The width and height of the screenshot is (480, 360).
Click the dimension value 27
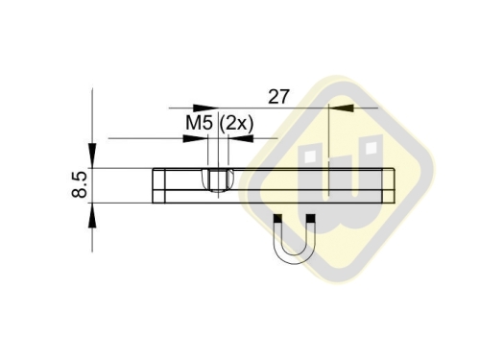coord(278,97)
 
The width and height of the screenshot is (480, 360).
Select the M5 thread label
coord(199,124)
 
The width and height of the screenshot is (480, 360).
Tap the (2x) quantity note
coord(236,124)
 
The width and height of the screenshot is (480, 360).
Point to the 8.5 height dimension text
coord(80,184)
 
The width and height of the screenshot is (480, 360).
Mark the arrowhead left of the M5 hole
coord(199,138)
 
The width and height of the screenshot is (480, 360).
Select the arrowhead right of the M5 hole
coord(236,138)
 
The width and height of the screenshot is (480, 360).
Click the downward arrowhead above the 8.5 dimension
coord(93,155)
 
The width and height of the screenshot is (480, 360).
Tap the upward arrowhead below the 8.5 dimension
coord(93,215)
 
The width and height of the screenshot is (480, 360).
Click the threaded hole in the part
coord(216,180)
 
